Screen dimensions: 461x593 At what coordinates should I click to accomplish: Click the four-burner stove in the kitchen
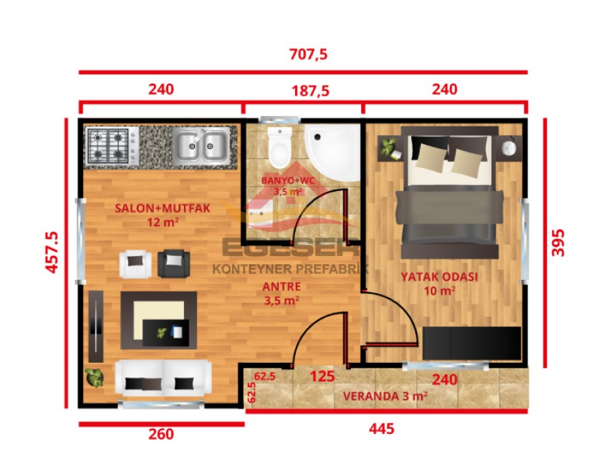(107, 146)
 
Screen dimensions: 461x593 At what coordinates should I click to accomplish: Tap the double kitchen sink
(202, 145)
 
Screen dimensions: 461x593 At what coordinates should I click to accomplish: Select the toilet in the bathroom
(280, 146)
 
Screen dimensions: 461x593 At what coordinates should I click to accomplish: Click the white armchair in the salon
(136, 263)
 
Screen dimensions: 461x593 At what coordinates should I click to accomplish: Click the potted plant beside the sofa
(94, 378)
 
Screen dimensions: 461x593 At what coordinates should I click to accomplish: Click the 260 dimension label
(161, 434)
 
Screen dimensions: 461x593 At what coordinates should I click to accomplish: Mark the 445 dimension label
(381, 429)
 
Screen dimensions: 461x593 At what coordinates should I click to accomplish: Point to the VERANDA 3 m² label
(385, 396)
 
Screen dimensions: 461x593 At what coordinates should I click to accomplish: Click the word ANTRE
(281, 287)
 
